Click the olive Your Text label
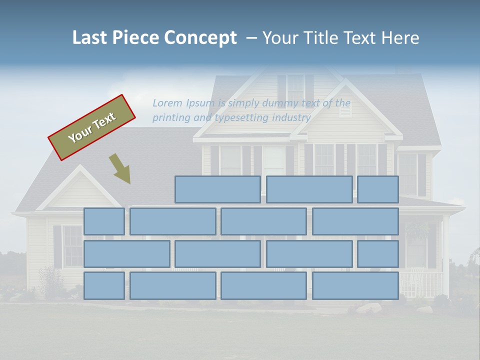coord(92,127)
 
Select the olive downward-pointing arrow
coord(120,168)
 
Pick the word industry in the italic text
coord(291,118)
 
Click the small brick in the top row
coord(378,189)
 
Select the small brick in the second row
coord(104,221)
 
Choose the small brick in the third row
coord(378,253)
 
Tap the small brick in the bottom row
coord(104,285)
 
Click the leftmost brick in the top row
coord(217,189)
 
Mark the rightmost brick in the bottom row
coord(355,285)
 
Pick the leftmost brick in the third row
coord(127,253)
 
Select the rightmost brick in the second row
coord(355,221)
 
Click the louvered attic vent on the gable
coord(345,110)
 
